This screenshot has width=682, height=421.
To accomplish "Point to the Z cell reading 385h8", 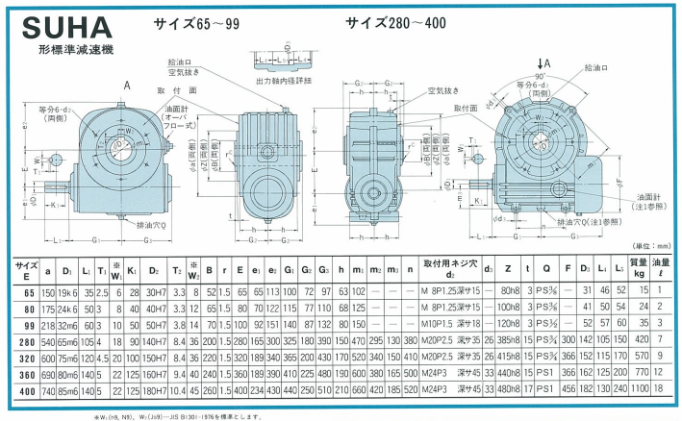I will [x=508, y=338].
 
